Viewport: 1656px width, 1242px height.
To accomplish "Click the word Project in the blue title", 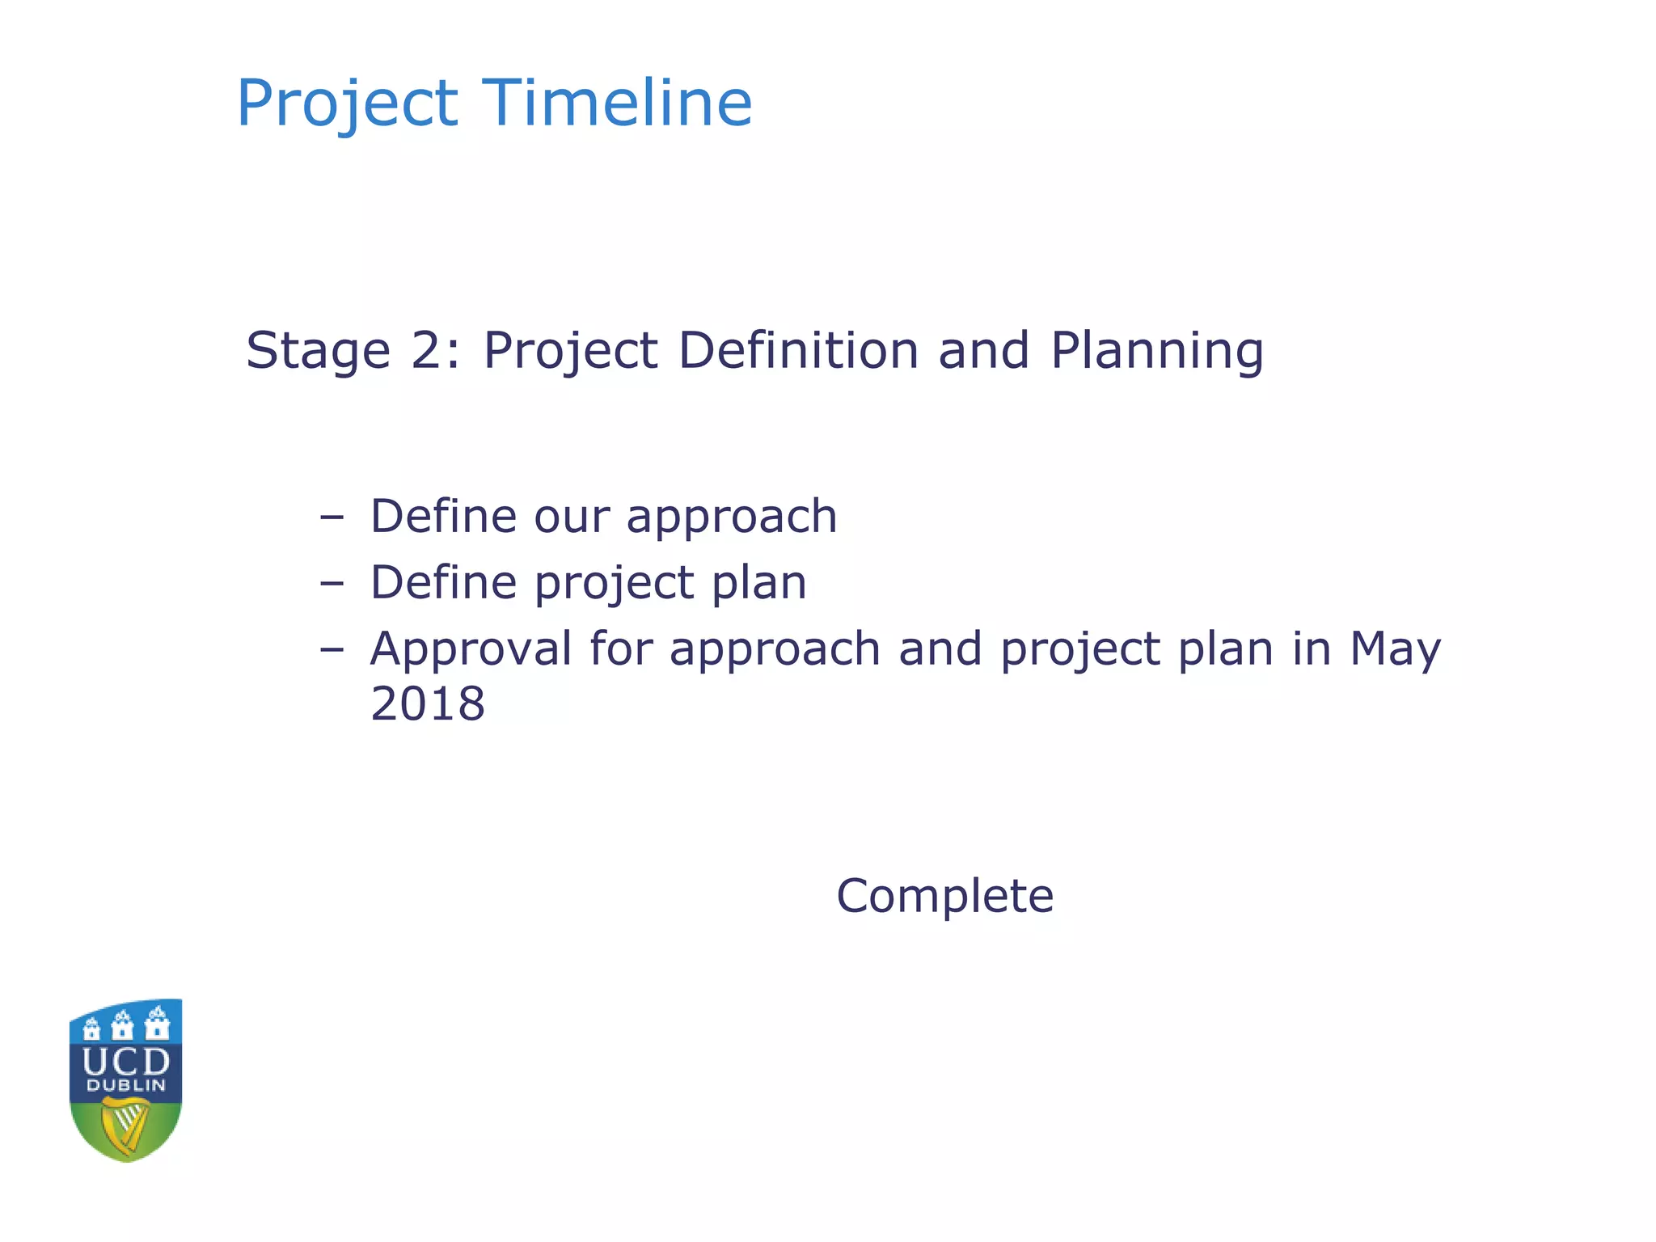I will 347,103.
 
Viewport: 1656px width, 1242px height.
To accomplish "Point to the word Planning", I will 1156,351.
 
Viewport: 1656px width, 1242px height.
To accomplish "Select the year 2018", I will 428,703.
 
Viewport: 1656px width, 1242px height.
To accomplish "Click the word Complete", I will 944,896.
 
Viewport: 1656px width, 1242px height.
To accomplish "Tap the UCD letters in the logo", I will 126,1062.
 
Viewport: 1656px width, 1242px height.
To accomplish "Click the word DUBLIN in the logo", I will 126,1086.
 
